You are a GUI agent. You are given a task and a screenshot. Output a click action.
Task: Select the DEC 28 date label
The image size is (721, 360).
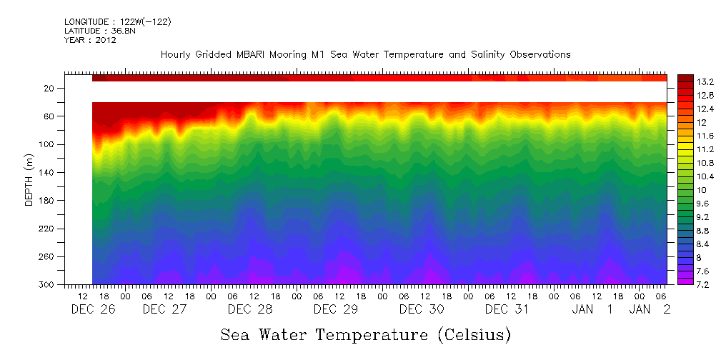click(x=249, y=309)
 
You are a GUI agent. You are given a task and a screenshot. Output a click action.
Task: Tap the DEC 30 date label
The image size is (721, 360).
click(x=422, y=309)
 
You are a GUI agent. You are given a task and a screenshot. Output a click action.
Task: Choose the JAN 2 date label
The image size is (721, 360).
click(x=650, y=309)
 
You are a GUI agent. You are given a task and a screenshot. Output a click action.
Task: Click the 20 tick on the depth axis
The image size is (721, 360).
click(x=49, y=89)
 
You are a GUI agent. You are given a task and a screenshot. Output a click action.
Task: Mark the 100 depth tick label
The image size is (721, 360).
click(x=47, y=144)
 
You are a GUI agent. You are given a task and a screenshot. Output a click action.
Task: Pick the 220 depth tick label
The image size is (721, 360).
click(x=47, y=229)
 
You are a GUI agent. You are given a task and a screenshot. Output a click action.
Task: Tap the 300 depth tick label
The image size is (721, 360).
click(x=47, y=284)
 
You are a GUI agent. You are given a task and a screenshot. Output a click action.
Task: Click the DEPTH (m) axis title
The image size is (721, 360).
click(x=29, y=179)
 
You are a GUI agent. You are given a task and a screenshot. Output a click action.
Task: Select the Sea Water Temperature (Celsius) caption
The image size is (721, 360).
click(x=366, y=334)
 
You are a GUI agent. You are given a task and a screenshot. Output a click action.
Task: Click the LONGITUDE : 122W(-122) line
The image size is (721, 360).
click(x=117, y=22)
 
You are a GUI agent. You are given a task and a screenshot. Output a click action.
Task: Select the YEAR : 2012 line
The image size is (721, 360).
click(x=90, y=40)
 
